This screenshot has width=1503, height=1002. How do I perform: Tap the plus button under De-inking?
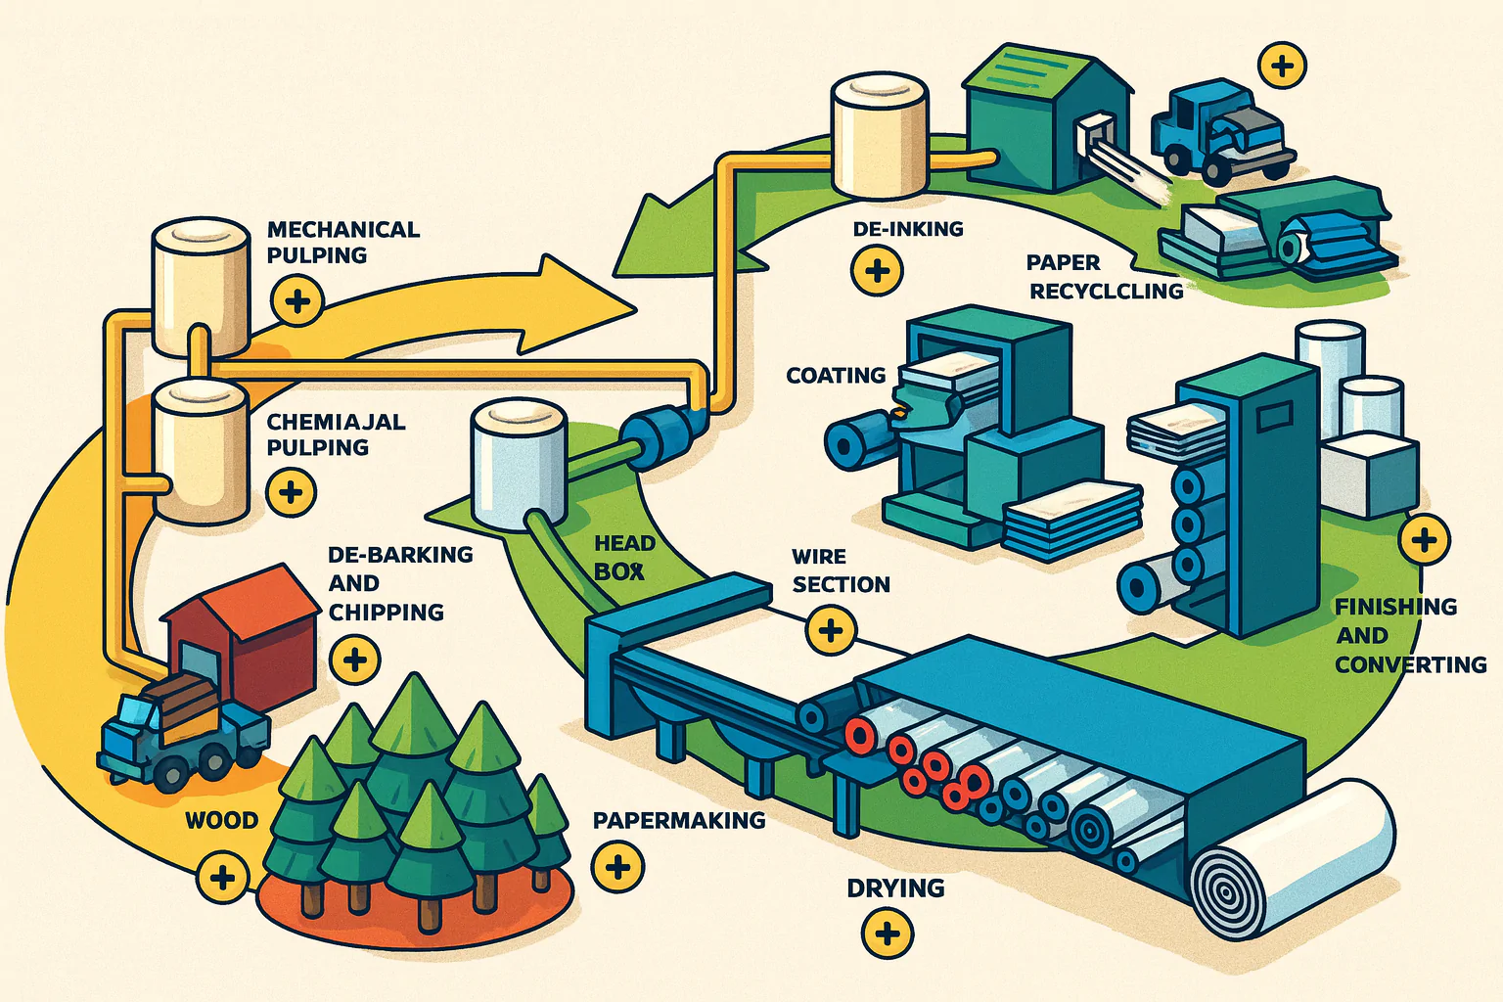[x=877, y=270]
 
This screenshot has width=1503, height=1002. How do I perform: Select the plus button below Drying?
[x=888, y=933]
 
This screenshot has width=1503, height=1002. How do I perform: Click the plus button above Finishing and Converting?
[x=1424, y=539]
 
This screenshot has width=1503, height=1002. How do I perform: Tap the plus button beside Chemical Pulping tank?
[x=291, y=491]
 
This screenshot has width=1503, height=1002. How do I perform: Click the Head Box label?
[x=623, y=557]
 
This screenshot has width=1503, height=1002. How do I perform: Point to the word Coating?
[x=836, y=376]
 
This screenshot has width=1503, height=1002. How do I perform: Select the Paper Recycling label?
[x=1104, y=277]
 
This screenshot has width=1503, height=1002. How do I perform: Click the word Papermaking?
[x=679, y=820]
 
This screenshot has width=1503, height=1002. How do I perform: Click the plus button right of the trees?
[x=617, y=866]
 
